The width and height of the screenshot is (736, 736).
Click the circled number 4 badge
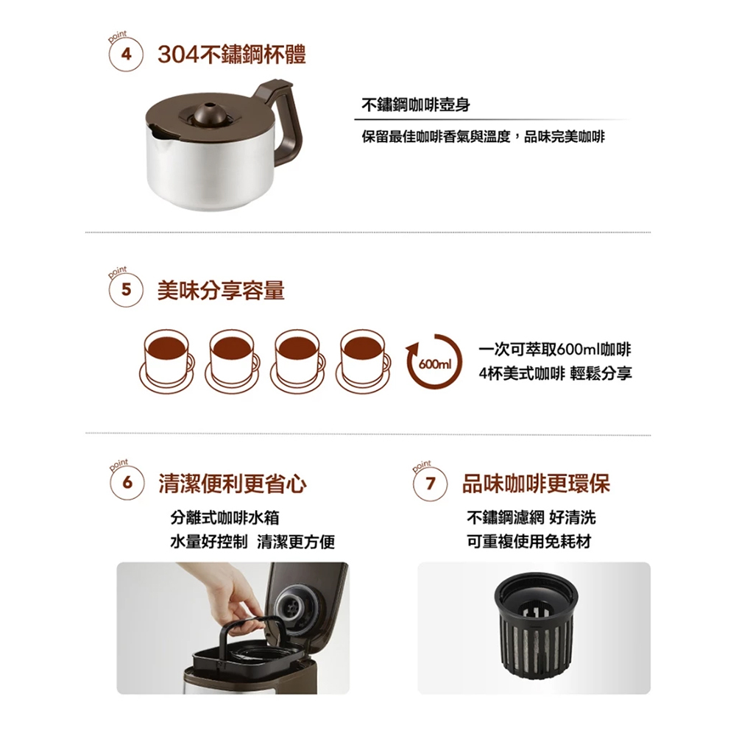[125, 55]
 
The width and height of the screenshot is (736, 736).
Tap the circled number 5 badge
[125, 289]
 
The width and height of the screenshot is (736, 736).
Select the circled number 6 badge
[127, 483]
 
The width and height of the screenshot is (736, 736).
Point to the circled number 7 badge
[431, 484]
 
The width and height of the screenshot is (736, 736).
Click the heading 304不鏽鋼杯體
[231, 55]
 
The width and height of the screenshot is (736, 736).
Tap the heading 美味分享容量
[221, 290]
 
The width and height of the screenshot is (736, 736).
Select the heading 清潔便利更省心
[233, 484]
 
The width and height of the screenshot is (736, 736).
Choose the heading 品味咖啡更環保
[536, 484]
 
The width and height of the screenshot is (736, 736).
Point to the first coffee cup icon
[166, 361]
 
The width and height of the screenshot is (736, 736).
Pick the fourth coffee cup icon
[363, 361]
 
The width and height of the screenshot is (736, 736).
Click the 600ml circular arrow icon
[435, 361]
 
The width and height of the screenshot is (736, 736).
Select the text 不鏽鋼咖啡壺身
[416, 105]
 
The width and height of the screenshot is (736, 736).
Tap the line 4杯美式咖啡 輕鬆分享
[555, 374]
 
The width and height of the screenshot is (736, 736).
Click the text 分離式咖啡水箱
[224, 517]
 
